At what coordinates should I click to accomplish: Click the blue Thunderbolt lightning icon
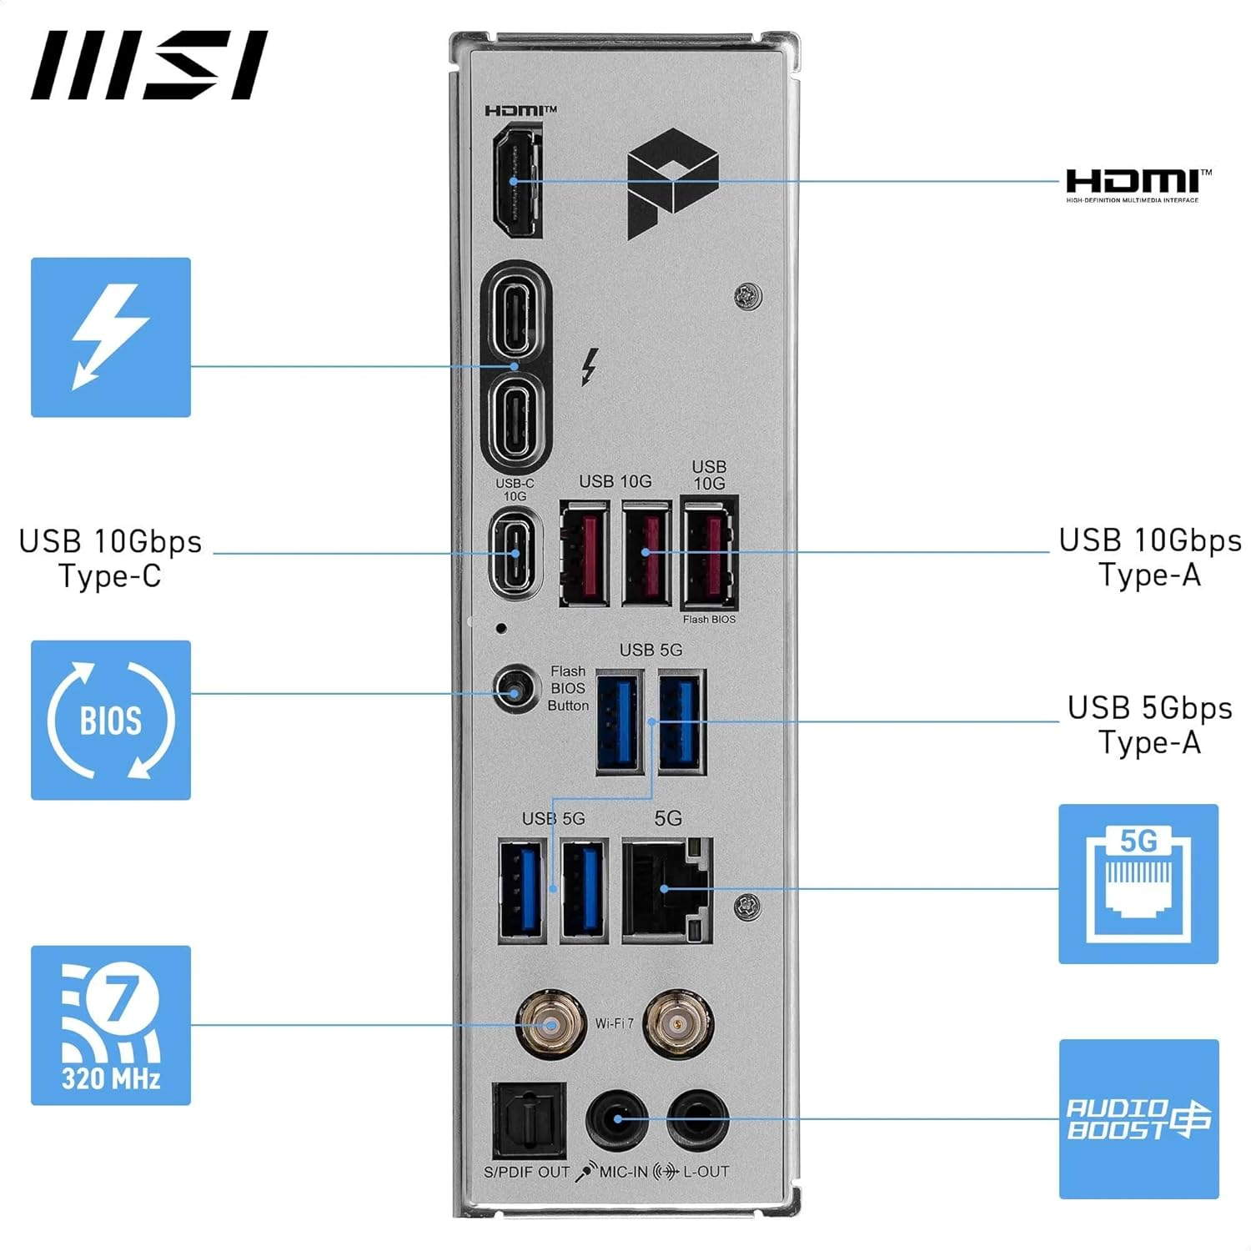point(111,337)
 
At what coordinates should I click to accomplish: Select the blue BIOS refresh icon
point(111,721)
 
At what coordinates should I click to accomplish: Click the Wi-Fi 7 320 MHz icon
point(111,1026)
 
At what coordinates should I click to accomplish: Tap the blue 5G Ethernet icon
point(1138,884)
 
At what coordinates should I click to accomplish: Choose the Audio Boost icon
point(1138,1119)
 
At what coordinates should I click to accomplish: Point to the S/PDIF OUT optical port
point(529,1121)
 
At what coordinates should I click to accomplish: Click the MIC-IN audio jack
point(618,1119)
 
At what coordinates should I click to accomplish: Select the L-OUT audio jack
point(698,1119)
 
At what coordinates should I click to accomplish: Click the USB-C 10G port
point(515,553)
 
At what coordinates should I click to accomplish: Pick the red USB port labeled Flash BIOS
point(709,553)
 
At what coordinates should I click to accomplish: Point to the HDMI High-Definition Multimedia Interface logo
point(1138,185)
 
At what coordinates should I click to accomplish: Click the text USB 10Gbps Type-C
point(110,558)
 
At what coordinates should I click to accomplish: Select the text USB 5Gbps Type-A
point(1149,724)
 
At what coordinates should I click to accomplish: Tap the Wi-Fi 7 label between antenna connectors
point(614,1023)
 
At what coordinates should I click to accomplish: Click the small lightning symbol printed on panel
point(590,367)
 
